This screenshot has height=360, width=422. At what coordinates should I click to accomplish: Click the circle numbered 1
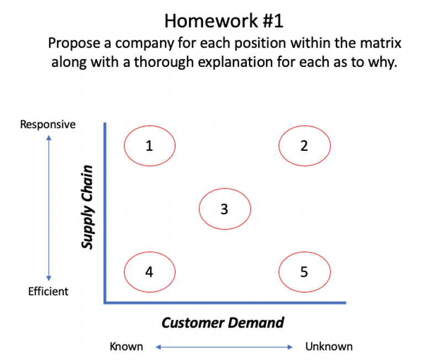[150, 146]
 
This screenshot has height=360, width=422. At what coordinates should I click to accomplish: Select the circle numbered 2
[304, 146]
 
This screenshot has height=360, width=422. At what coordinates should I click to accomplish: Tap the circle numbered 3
[224, 209]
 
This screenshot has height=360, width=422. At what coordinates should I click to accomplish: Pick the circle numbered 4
[150, 272]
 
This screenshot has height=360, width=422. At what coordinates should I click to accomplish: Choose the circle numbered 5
[304, 272]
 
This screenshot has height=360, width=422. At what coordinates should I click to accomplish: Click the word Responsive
[48, 124]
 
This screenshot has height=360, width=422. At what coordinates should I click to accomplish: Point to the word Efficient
[48, 291]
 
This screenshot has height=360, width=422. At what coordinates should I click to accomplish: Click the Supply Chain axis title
[87, 205]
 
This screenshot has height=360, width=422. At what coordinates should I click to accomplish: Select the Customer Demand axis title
[223, 322]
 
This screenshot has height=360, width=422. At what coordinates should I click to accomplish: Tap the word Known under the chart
[126, 347]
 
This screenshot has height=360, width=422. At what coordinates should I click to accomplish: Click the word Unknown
[329, 347]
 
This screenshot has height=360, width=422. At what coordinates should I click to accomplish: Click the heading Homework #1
[224, 21]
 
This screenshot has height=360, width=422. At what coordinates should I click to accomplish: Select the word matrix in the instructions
[383, 43]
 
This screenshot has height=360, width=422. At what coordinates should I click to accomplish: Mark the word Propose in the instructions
[69, 43]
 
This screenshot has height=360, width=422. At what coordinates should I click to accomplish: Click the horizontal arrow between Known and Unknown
[224, 347]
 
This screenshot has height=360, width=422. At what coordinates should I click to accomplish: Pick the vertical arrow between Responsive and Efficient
[49, 208]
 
